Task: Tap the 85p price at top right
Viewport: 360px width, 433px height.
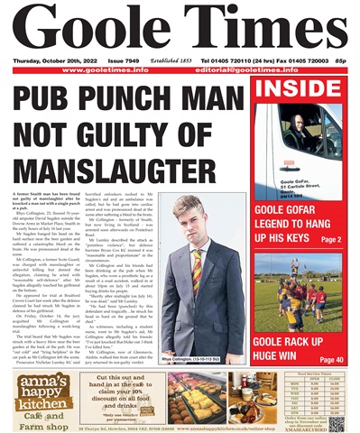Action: coord(344,61)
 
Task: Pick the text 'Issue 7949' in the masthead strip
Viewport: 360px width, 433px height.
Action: coord(132,61)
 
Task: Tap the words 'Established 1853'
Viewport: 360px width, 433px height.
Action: coord(180,61)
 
